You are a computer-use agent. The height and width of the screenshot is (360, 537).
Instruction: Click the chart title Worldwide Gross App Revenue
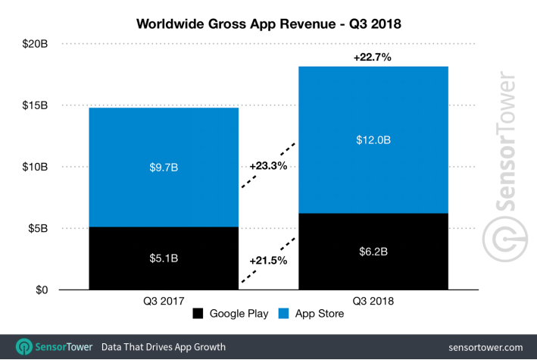pyautogui.click(x=268, y=23)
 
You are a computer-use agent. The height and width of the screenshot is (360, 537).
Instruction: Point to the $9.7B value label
pyautogui.click(x=163, y=166)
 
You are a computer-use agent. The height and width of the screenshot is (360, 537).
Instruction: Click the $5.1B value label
pyautogui.click(x=163, y=258)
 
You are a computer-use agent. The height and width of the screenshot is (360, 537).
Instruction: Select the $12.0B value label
pyautogui.click(x=373, y=139)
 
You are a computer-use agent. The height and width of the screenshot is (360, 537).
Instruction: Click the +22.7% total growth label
pyautogui.click(x=372, y=58)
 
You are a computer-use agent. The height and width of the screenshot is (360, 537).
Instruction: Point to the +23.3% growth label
pyautogui.click(x=268, y=166)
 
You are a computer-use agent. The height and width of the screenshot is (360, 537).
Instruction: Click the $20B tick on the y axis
pyautogui.click(x=36, y=43)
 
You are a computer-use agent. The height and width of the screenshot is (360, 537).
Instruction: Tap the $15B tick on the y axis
pyautogui.click(x=36, y=105)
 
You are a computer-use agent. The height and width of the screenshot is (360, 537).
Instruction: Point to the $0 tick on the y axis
pyautogui.click(x=40, y=290)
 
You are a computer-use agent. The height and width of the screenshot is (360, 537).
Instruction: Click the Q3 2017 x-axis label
pyautogui.click(x=163, y=299)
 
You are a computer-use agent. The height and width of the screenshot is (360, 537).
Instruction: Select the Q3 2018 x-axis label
pyautogui.click(x=373, y=299)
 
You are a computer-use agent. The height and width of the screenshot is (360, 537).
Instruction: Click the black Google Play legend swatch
pyautogui.click(x=199, y=314)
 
